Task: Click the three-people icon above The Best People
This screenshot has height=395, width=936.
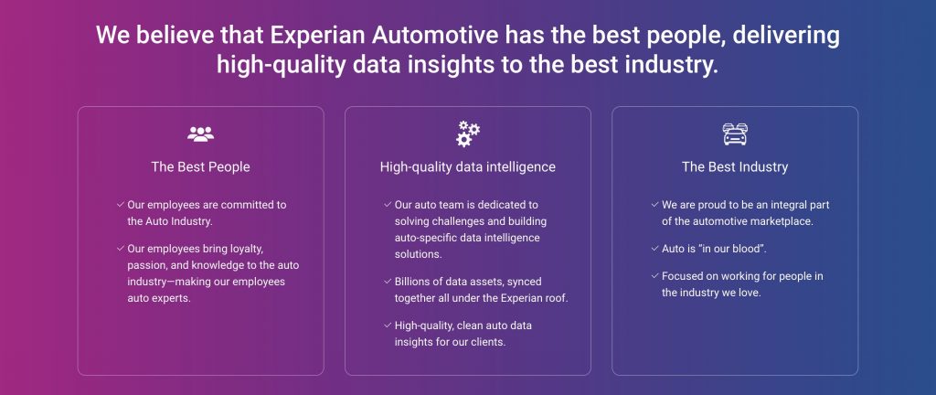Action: (x=200, y=134)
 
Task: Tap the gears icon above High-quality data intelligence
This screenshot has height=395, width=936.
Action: (x=468, y=133)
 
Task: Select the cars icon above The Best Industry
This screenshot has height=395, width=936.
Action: (x=735, y=134)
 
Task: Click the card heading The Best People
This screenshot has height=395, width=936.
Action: (x=200, y=167)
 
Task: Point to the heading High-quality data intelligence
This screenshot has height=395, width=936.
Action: (x=468, y=167)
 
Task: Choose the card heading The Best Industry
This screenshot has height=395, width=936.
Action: (x=735, y=167)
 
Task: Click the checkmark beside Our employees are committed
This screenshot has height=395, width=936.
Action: (x=121, y=205)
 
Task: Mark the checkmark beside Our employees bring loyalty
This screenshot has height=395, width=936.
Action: (x=121, y=248)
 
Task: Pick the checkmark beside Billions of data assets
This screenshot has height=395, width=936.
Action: (x=388, y=281)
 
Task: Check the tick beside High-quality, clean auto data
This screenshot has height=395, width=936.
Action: (x=388, y=326)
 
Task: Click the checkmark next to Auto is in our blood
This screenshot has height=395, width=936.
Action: (x=654, y=248)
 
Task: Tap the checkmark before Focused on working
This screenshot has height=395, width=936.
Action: (x=654, y=276)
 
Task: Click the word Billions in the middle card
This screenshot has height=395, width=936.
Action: (x=412, y=281)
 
